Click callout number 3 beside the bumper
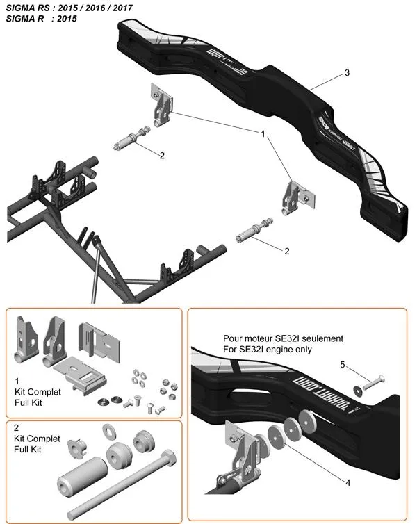point(347,72)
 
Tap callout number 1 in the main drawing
point(263,132)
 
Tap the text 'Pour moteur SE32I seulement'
point(283,338)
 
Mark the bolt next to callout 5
point(375,382)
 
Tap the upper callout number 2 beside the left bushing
point(162,156)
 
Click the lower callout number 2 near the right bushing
point(286,251)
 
